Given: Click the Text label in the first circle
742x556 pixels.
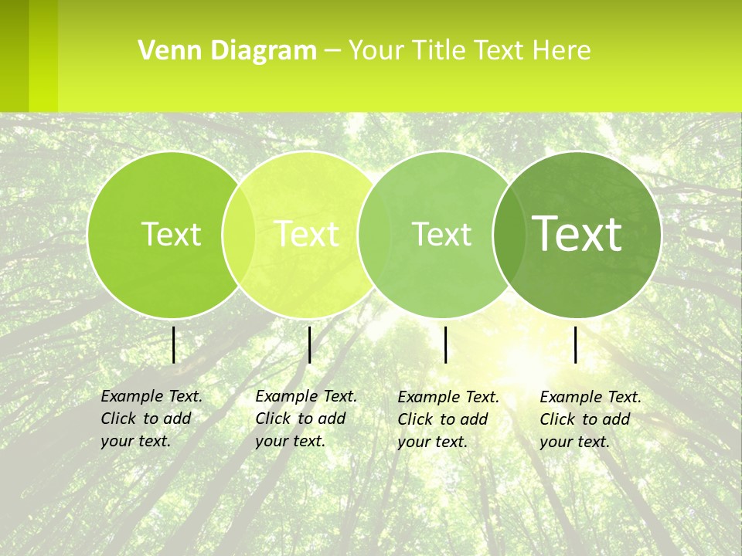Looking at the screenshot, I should pyautogui.click(x=171, y=234).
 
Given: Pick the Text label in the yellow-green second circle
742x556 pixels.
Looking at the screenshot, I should pyautogui.click(x=307, y=234).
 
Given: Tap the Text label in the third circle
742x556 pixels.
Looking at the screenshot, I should pyautogui.click(x=441, y=234).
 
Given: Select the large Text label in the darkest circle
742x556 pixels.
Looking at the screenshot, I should pyautogui.click(x=577, y=234).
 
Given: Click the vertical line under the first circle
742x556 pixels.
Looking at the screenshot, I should pyautogui.click(x=173, y=344).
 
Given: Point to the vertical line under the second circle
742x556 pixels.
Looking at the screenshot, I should pyautogui.click(x=309, y=344).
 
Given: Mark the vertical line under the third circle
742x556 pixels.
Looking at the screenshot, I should pyautogui.click(x=446, y=344).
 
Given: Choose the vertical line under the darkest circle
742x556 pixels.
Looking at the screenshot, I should pyautogui.click(x=575, y=344).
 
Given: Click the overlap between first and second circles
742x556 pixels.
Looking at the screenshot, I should pyautogui.click(x=239, y=234).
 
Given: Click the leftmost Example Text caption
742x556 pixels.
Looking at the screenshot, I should pyautogui.click(x=151, y=419).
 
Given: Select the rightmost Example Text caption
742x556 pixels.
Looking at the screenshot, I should pyautogui.click(x=590, y=419).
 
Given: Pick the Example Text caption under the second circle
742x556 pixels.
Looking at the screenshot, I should pyautogui.click(x=305, y=419).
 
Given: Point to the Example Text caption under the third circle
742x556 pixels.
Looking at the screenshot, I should pyautogui.click(x=448, y=419).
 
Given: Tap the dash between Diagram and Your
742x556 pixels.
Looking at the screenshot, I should pyautogui.click(x=332, y=51).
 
